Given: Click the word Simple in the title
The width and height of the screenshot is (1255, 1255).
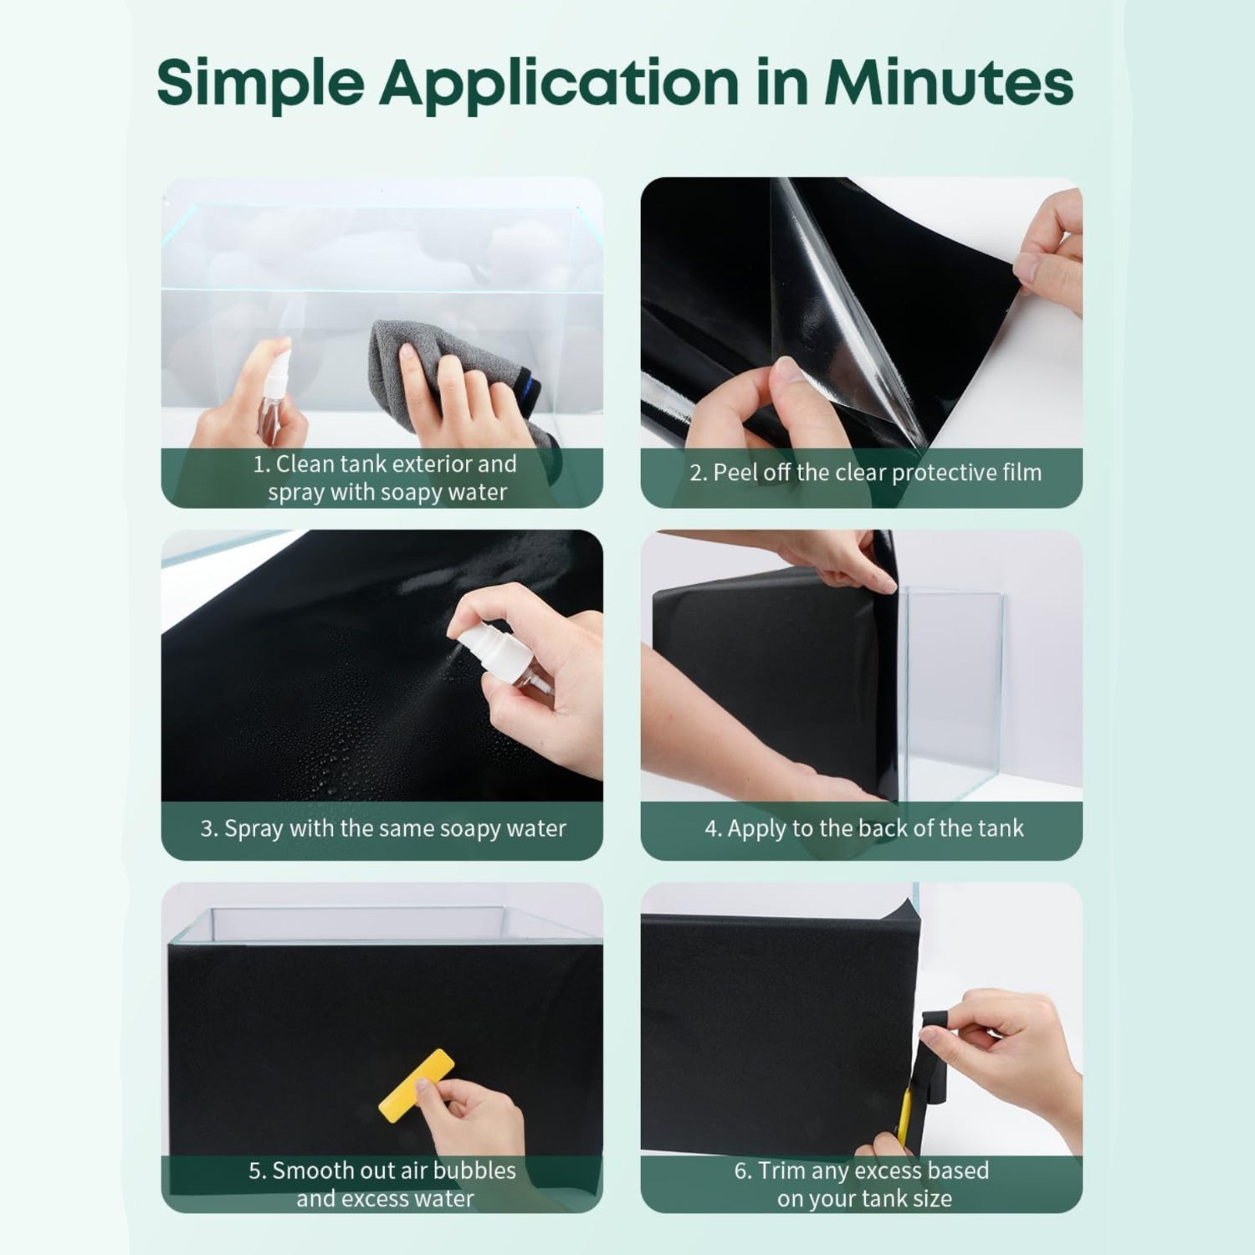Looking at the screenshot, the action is tap(260, 84).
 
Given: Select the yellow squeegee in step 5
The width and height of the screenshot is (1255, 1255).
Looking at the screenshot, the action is tap(416, 1085).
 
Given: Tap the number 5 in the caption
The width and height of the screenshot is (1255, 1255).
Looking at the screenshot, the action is tap(257, 1170).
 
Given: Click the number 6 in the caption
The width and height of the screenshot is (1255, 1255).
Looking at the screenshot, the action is tap(742, 1170).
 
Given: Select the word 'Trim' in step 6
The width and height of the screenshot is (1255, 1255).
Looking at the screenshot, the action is tap(781, 1170).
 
